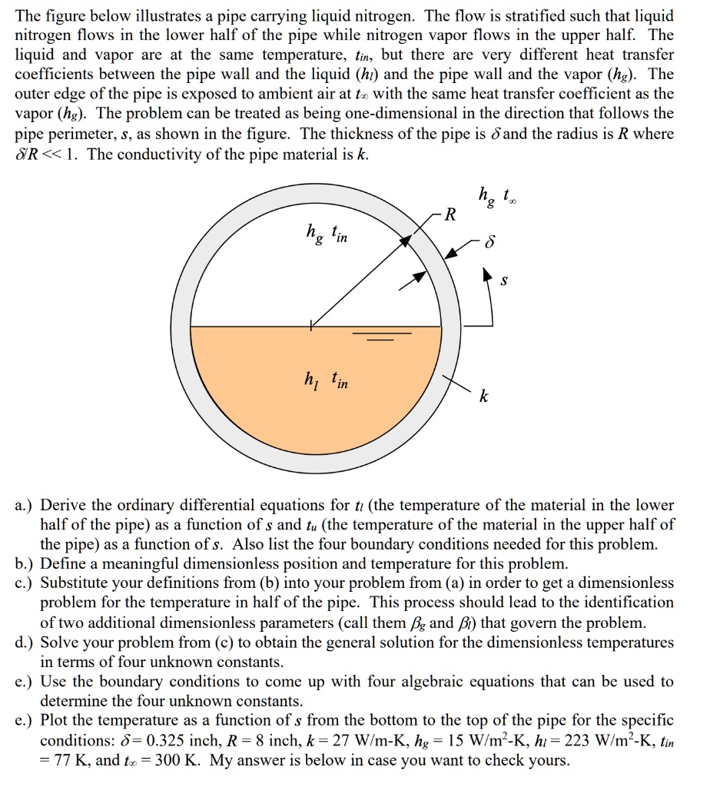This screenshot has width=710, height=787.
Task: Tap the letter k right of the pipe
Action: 483,397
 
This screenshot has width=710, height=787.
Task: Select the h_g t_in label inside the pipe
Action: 326,231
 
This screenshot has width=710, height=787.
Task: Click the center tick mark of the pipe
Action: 311,326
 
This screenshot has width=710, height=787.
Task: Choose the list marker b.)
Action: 25,563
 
